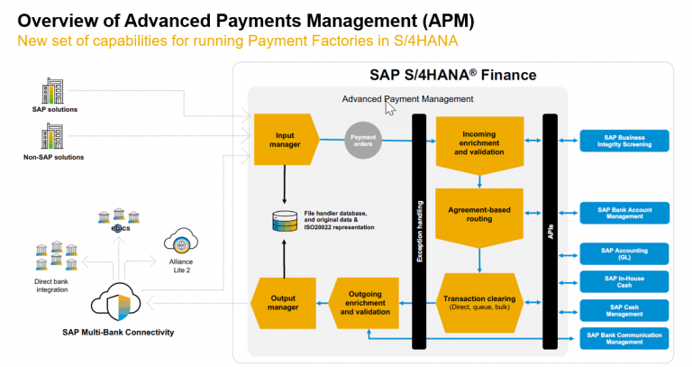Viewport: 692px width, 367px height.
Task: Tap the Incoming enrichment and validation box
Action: (x=479, y=142)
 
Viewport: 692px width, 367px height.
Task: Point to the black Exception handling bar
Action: (x=419, y=231)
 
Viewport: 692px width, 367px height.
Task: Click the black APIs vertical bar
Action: (x=550, y=231)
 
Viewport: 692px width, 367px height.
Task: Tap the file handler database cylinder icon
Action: (x=284, y=220)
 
